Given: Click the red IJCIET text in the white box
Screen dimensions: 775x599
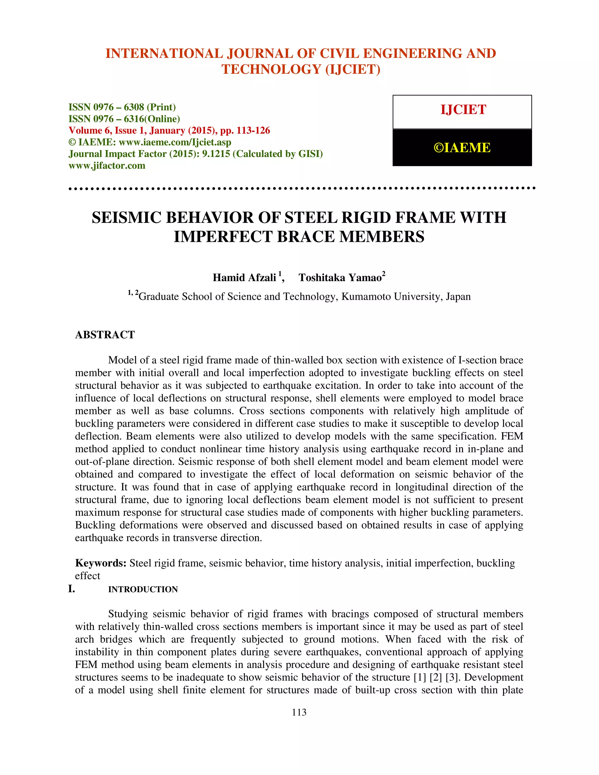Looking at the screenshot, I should pyautogui.click(x=463, y=110).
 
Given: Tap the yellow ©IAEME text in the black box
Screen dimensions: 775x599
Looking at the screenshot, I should pyautogui.click(x=462, y=148).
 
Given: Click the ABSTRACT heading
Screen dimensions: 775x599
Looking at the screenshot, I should pyautogui.click(x=105, y=335).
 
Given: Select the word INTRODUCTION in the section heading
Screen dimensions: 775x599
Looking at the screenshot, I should pyautogui.click(x=143, y=589).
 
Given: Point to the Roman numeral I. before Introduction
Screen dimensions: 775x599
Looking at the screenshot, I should pyautogui.click(x=72, y=589).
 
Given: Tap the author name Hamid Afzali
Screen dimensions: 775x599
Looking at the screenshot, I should pyautogui.click(x=244, y=278).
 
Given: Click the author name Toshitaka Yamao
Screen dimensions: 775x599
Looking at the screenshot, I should pyautogui.click(x=340, y=278).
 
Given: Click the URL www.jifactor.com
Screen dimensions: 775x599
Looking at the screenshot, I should pyautogui.click(x=107, y=166).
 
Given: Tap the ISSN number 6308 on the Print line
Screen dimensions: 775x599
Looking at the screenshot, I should pyautogui.click(x=134, y=107).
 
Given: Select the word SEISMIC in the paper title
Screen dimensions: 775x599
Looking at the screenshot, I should pyautogui.click(x=126, y=218).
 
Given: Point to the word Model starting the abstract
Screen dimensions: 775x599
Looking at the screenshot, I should pyautogui.click(x=122, y=360).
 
